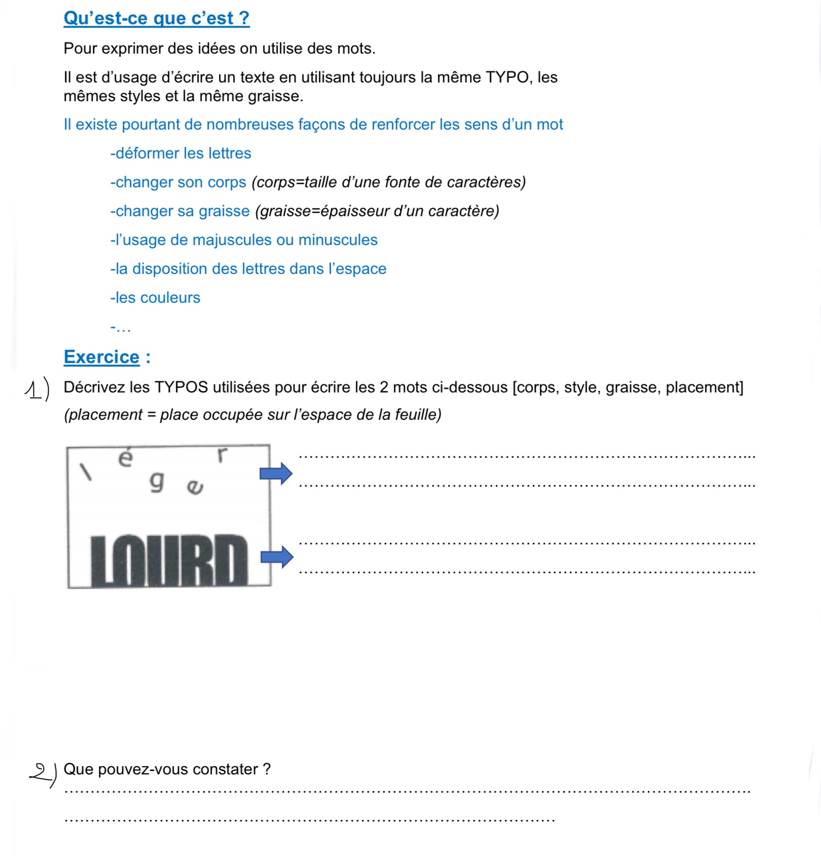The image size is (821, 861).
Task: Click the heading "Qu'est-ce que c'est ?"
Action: [x=156, y=18]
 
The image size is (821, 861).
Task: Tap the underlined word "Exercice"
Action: [x=101, y=357]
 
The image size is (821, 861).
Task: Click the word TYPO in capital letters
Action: [x=507, y=77]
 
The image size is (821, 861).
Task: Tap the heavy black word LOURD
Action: [x=169, y=560]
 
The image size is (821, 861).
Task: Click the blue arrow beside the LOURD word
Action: [x=277, y=557]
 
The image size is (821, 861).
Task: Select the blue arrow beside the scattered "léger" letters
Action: [x=276, y=474]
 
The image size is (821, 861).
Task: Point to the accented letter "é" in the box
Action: [x=125, y=457]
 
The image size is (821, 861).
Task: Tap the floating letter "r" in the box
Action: [x=221, y=454]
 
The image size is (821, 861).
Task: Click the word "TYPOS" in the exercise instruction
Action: [x=181, y=387]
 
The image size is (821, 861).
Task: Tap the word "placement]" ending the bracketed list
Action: [x=704, y=387]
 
